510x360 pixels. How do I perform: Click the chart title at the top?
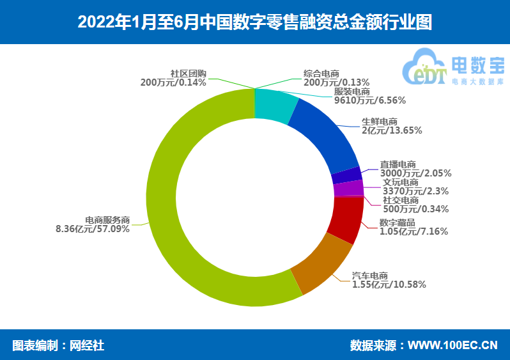click(x=254, y=22)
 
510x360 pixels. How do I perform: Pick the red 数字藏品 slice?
click(x=346, y=218)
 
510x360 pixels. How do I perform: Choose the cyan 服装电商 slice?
click(x=275, y=104)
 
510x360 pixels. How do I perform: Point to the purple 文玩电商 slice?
click(x=348, y=189)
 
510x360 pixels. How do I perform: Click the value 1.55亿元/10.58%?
click(x=389, y=285)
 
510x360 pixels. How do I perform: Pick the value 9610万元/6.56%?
click(x=370, y=100)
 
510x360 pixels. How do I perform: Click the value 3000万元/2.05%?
click(x=415, y=173)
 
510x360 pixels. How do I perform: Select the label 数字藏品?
click(x=397, y=223)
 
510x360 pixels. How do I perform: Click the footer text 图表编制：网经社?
click(x=58, y=346)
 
